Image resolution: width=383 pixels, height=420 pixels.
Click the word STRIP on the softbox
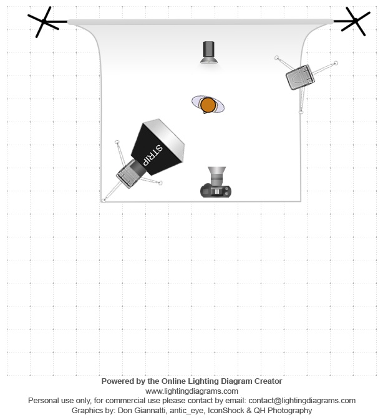point(152,155)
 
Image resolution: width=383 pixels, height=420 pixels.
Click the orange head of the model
point(208,105)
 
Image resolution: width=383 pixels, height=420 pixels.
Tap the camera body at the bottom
point(216,191)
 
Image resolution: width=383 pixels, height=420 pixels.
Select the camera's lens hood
point(216,171)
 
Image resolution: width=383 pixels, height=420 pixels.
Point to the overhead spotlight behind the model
point(209,52)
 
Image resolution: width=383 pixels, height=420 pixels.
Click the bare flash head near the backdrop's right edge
point(300,77)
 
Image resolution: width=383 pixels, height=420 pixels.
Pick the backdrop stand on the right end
point(354,21)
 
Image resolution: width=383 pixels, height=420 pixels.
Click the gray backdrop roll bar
point(200,22)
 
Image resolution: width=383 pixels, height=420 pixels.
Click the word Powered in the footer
point(114,381)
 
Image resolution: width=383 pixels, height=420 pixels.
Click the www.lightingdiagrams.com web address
point(192,391)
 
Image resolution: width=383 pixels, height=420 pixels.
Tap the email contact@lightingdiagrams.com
point(302,401)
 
